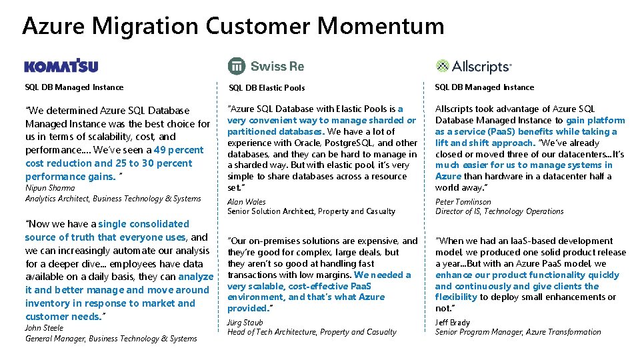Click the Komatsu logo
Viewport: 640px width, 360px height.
pos(61,66)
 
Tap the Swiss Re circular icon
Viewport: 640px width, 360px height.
pos(237,66)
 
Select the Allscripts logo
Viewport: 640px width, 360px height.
pos(473,66)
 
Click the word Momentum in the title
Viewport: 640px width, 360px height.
pos(381,26)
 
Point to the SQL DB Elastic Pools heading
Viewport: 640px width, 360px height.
pos(267,87)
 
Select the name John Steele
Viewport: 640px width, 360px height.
pos(44,328)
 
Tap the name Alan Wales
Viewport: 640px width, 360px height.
pos(246,202)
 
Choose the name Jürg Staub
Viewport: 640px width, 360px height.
pos(245,323)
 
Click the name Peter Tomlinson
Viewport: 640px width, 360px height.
pos(463,202)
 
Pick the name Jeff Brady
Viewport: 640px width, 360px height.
pos(453,323)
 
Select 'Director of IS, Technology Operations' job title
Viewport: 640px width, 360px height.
pos(499,211)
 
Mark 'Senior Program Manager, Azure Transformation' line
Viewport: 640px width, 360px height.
pos(518,332)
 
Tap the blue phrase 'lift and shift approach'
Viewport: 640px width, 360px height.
pos(485,143)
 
